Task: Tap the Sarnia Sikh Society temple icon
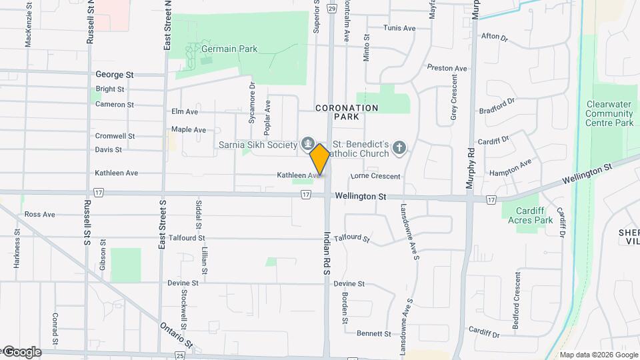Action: (307, 143)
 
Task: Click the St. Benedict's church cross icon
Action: (399, 147)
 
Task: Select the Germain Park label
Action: (229, 49)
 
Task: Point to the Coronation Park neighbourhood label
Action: (347, 112)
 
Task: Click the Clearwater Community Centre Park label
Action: (609, 113)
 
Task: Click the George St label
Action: (115, 75)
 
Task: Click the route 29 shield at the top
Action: (332, 9)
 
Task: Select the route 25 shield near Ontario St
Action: (181, 355)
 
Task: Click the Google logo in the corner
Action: (21, 352)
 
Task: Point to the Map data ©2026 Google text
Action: (598, 355)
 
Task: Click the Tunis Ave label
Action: (399, 28)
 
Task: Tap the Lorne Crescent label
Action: (375, 177)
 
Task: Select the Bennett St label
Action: (373, 333)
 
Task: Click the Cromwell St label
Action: (115, 135)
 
